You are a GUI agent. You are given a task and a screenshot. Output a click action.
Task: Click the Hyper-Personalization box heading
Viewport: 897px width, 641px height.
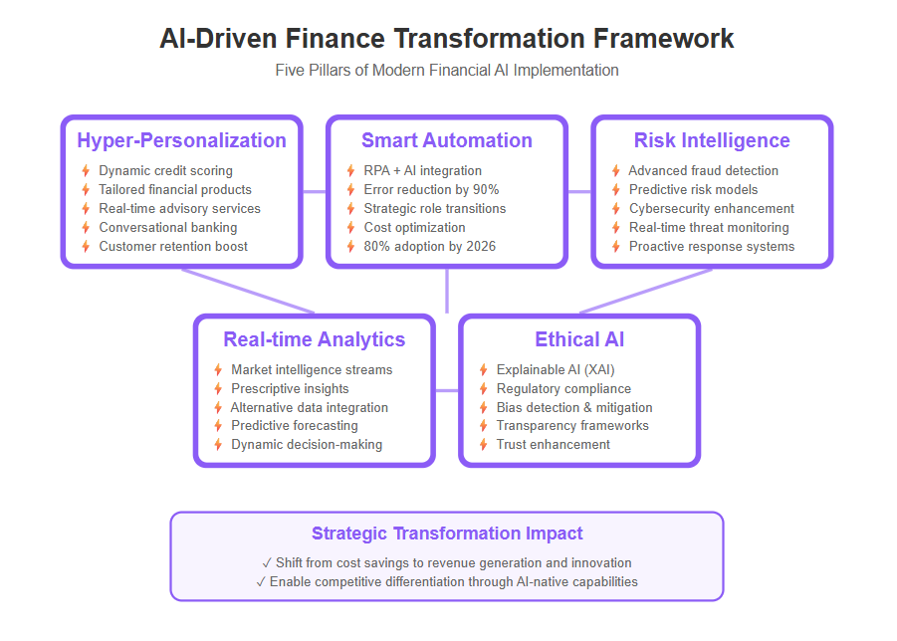tap(181, 140)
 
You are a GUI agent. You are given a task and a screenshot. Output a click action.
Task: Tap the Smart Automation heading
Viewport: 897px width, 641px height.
tap(447, 140)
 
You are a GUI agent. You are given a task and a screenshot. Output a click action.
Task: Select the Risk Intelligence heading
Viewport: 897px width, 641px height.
tap(712, 140)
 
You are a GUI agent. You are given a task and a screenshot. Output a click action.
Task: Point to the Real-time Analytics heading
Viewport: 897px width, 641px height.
tap(314, 339)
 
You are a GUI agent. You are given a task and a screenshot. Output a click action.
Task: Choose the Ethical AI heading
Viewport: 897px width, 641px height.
tap(579, 339)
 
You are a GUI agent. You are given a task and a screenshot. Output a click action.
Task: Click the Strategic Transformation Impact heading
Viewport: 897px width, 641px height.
tap(447, 534)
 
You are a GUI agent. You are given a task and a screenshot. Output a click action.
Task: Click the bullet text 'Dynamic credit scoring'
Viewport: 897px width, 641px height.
tap(166, 171)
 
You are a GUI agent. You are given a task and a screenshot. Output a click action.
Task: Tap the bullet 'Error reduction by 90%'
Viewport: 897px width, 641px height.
tap(431, 190)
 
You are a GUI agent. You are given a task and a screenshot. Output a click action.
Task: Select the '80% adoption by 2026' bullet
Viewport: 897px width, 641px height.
tap(430, 247)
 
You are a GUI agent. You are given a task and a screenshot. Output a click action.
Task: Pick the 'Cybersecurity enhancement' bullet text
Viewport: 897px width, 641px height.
tap(712, 209)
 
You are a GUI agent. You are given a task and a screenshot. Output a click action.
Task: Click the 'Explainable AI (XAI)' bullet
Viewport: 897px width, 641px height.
tap(556, 370)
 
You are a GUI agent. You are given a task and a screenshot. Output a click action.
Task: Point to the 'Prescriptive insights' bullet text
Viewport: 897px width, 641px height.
tap(290, 389)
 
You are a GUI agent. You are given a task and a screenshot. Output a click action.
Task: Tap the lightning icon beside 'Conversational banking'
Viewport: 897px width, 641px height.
tap(86, 228)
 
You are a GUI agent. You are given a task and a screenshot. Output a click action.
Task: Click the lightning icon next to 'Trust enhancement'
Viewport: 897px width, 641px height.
tap(484, 444)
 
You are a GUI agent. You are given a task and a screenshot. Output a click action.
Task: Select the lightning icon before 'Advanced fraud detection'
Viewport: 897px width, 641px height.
tap(616, 171)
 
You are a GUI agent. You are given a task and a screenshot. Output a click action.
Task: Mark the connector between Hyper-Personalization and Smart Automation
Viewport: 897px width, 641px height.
tap(314, 191)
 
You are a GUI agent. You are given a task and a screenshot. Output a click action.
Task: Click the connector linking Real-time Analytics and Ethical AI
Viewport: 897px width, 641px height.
tap(447, 390)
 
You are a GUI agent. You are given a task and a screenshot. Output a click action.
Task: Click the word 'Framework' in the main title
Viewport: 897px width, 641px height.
tap(663, 39)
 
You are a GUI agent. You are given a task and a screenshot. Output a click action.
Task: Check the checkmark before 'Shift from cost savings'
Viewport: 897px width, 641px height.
tap(267, 563)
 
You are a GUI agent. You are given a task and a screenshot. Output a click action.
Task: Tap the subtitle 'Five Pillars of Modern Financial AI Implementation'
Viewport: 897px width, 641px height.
tap(447, 71)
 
